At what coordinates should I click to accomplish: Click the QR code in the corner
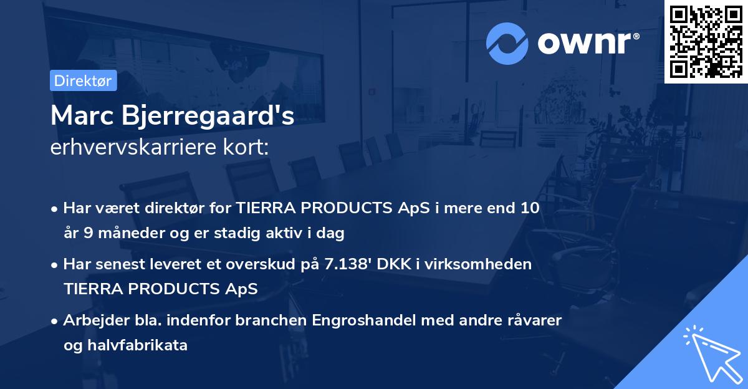[x=706, y=42]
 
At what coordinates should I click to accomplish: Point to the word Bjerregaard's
[x=209, y=117]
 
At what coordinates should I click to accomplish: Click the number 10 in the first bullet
[x=530, y=208]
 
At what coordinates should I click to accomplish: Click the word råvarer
[x=536, y=320]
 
